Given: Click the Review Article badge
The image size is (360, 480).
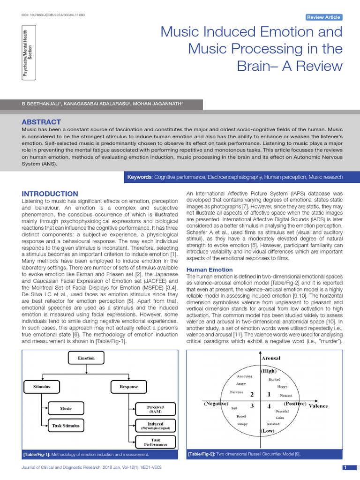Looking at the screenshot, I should (324, 17).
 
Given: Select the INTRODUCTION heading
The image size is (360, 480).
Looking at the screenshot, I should (51, 194).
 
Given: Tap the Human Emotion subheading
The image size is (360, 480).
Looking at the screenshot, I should (210, 270).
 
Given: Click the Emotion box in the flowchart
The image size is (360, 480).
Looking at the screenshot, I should (86, 358).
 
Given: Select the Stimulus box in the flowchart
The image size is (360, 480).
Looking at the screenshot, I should (41, 387).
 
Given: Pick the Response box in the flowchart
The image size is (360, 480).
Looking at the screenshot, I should (129, 387).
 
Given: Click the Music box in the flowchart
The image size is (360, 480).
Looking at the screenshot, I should (66, 408).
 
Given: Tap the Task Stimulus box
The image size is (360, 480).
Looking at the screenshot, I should (66, 426).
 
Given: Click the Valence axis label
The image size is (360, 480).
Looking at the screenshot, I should (319, 405).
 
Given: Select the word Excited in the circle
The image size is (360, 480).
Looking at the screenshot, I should (275, 379).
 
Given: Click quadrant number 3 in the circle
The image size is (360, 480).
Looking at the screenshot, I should (252, 406).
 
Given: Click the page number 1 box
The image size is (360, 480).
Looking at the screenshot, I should (345, 468).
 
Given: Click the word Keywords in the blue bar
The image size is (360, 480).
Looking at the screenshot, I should (140, 177).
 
